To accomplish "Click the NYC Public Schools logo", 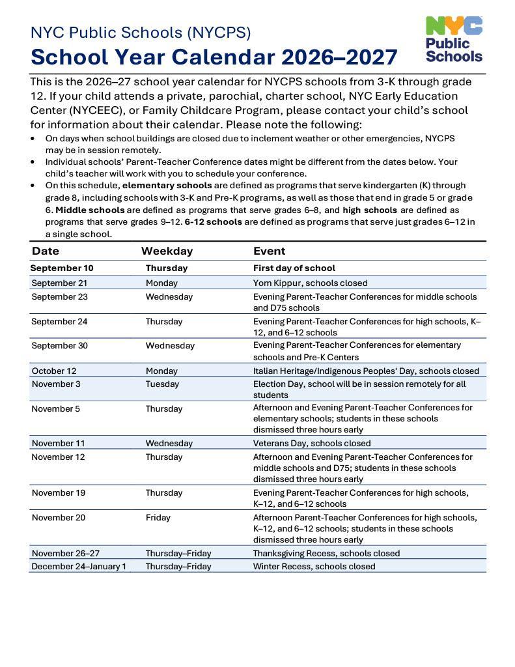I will coord(454,39).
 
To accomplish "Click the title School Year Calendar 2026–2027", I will coord(214,57).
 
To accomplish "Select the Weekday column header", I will coord(167,251).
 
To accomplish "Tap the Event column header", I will coord(269,251).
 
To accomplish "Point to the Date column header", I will coord(46,251).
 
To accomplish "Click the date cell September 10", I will coord(62,268).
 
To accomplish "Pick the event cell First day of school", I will coord(294,268).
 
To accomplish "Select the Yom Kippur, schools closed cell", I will coord(310,283).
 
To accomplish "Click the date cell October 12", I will coord(54,371).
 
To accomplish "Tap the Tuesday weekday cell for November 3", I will coord(162,384).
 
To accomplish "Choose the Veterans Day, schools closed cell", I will coord(312,443).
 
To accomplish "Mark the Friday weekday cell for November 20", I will coord(158,517).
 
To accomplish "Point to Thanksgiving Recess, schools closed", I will coord(326,553).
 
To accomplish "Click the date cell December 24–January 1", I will coord(79,566).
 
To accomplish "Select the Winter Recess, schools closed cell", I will coord(314,566).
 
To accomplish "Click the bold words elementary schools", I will coord(167,185).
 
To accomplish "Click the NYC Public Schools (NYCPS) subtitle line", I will coord(140,32).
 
